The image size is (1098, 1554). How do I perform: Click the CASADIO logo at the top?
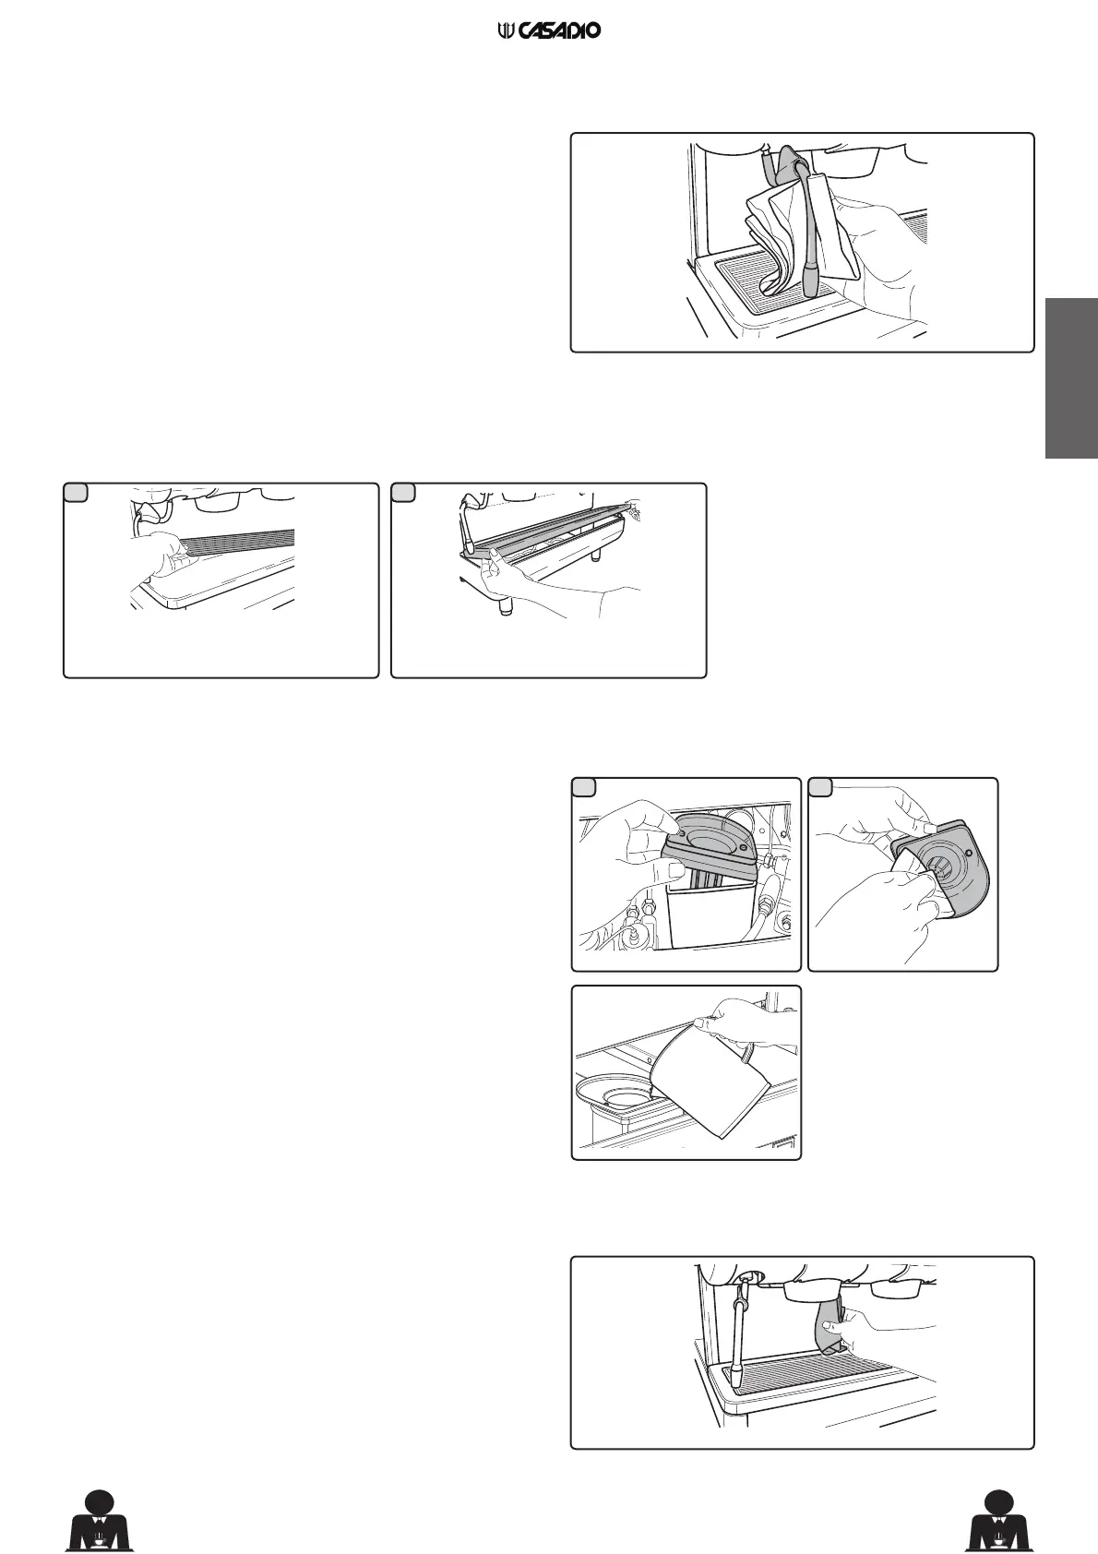click(x=549, y=31)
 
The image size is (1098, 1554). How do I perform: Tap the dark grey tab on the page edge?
click(x=1071, y=377)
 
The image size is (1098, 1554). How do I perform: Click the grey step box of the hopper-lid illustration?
click(x=583, y=787)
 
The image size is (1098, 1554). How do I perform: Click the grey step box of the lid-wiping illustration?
click(x=819, y=787)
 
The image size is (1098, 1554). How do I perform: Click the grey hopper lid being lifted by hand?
click(x=711, y=834)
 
